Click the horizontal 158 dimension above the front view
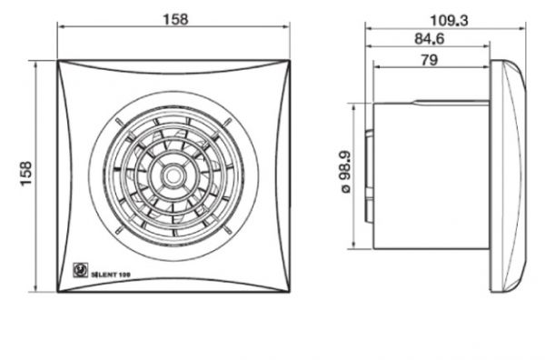point(176,19)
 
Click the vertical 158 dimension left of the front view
point(26,174)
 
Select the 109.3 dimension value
point(449,21)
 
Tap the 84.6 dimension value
point(430,38)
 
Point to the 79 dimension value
point(430,60)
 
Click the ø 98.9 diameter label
point(345,172)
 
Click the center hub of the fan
point(173,176)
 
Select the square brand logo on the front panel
point(80,270)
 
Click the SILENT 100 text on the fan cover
point(111,275)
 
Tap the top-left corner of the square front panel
point(58,61)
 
